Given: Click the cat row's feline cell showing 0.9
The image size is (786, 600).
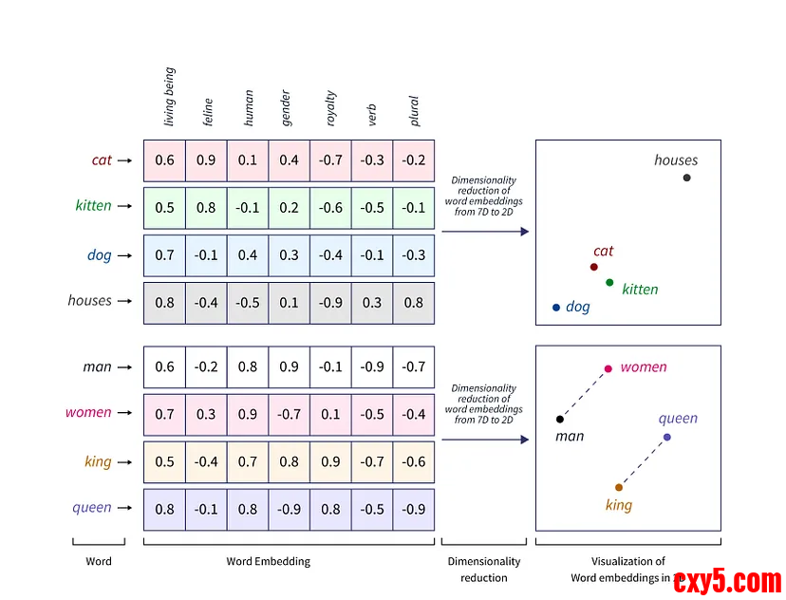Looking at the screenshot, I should tap(206, 160).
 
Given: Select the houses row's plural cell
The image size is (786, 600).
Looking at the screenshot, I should tap(413, 303).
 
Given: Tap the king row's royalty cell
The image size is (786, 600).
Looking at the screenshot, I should tap(330, 462).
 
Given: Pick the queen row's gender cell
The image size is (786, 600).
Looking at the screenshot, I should tap(289, 509).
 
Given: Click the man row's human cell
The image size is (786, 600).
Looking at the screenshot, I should tap(248, 367).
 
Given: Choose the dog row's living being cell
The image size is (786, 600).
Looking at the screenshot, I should tap(164, 255).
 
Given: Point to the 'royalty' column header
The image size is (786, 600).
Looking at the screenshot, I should tap(330, 108).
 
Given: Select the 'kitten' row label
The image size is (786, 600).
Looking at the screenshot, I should tap(93, 206).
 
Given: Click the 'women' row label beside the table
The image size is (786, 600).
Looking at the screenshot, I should tap(88, 413).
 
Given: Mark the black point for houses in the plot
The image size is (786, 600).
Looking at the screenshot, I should tap(686, 178).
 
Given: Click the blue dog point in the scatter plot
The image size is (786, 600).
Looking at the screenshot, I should tap(556, 308).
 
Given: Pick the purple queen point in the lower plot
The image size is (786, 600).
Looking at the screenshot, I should tap(667, 437).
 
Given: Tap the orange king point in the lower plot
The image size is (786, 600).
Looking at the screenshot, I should tap(619, 487).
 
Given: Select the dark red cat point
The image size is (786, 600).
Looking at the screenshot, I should tap(593, 267).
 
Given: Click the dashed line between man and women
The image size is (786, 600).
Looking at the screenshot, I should tap(584, 394).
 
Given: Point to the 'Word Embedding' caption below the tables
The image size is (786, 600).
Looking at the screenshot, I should tap(268, 561).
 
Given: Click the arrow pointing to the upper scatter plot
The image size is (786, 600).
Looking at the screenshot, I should tap(484, 231).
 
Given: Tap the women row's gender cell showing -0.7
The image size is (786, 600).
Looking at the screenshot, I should tap(289, 415).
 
